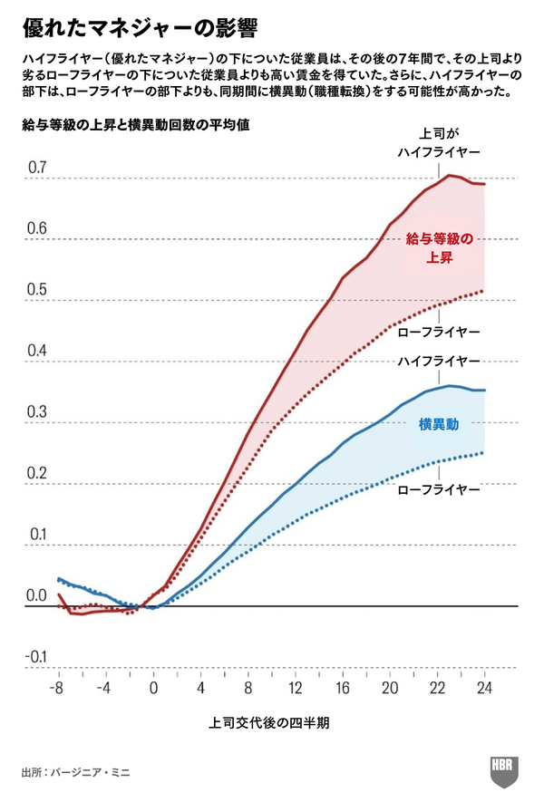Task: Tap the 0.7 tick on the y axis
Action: pyautogui.click(x=36, y=168)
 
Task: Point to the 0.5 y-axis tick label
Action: pyautogui.click(x=36, y=290)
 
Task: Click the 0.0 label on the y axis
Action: pyautogui.click(x=36, y=595)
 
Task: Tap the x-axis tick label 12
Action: pyautogui.click(x=294, y=688)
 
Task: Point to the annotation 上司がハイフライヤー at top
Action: pyautogui.click(x=439, y=141)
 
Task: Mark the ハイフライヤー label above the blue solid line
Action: pyautogui.click(x=439, y=362)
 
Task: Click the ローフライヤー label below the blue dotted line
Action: pyautogui.click(x=439, y=489)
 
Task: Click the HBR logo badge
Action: pyautogui.click(x=505, y=767)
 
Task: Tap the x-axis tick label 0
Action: pyautogui.click(x=152, y=688)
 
